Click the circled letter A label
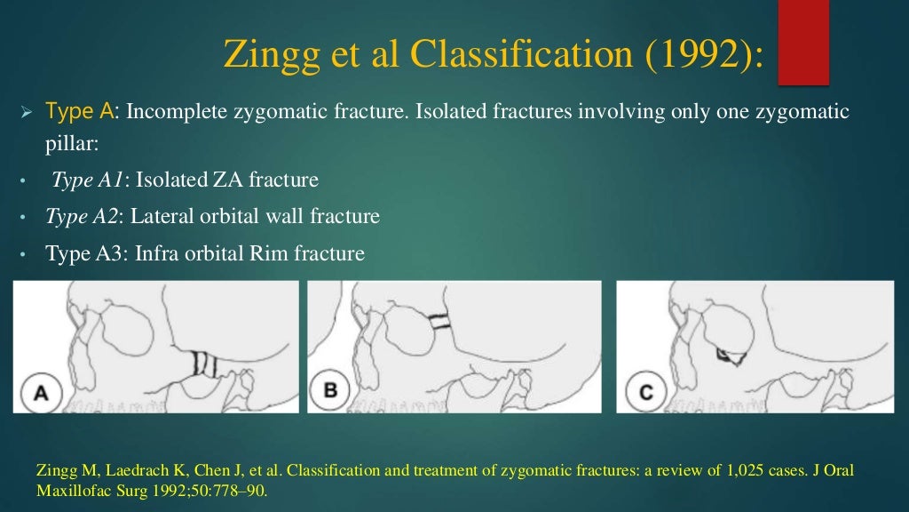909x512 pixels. click(42, 391)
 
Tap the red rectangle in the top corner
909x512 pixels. click(802, 42)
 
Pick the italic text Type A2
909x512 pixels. click(83, 217)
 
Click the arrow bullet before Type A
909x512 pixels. click(26, 113)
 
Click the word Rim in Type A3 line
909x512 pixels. click(264, 253)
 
